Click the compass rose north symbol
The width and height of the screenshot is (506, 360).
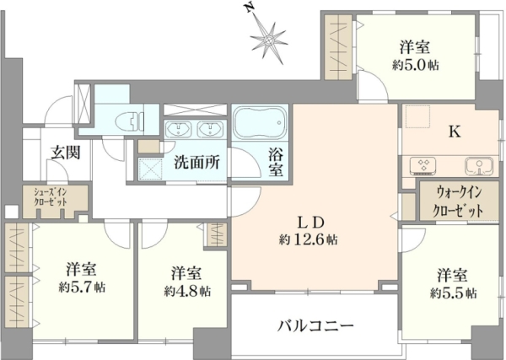269,38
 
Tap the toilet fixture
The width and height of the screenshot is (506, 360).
129,121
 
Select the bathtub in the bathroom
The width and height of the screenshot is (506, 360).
260,122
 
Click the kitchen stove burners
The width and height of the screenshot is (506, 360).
423,165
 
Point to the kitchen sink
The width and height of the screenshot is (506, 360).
479,166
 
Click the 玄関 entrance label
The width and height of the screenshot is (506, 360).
66,152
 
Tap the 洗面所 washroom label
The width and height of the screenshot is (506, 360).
197,162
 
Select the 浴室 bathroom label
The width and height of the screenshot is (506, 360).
277,163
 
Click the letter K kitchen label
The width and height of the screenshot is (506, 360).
455,132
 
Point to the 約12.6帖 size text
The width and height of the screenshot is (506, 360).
308,239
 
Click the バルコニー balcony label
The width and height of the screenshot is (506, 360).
315,326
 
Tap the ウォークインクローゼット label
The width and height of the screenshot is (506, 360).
458,202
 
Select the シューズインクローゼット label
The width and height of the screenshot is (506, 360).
51,197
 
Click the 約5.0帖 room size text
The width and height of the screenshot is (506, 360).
415,66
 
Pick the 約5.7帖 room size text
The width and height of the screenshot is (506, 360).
82,287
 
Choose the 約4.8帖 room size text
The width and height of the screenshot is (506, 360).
187,292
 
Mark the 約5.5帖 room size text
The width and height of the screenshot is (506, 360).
453,293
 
